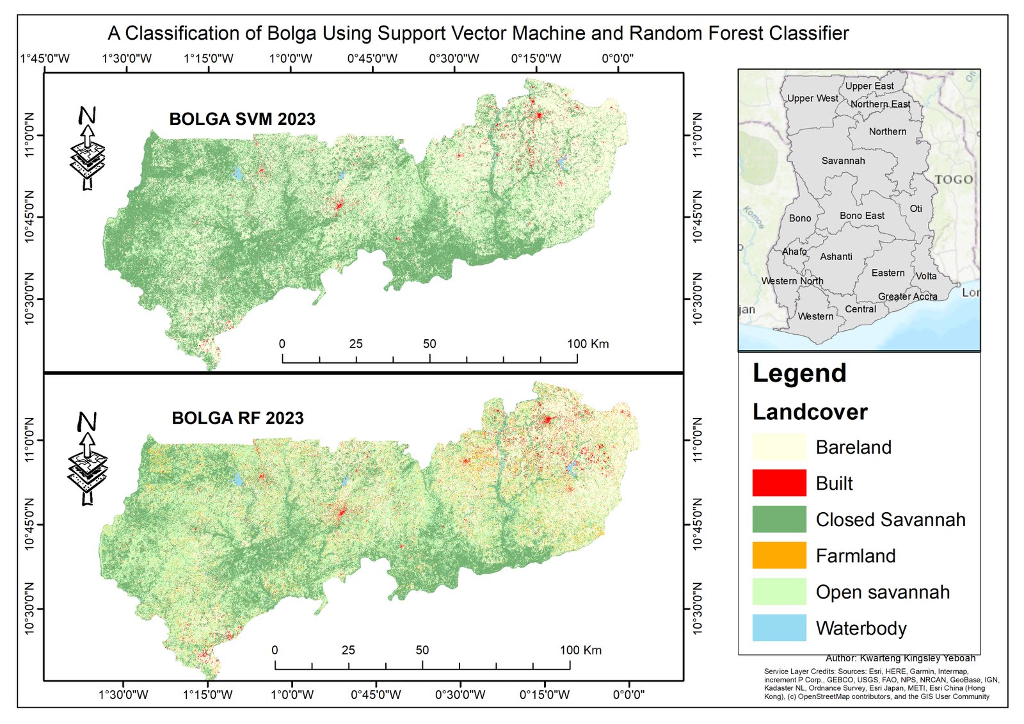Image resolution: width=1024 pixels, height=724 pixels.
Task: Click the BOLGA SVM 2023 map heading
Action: point(243,119)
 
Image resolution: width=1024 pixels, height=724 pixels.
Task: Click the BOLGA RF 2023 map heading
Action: point(237,418)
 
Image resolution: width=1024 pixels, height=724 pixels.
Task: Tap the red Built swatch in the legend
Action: point(780,483)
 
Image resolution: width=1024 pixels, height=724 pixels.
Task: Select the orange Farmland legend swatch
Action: point(780,555)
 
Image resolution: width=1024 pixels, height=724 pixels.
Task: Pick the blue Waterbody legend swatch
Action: point(780,627)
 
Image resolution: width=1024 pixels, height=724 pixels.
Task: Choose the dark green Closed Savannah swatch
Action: point(780,519)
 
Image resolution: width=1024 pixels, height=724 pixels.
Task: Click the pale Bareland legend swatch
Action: point(780,446)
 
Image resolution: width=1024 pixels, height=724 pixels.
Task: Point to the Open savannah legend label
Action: point(883,592)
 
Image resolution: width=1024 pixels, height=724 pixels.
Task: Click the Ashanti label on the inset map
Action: point(836,257)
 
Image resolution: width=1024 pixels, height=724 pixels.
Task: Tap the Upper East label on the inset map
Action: point(870,86)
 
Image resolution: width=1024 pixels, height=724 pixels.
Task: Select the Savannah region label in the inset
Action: point(844,161)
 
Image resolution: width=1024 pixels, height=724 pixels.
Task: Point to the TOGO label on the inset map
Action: point(954,179)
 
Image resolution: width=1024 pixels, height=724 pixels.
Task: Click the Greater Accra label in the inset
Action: point(908,296)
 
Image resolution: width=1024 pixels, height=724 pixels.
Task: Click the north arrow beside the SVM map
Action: point(87,148)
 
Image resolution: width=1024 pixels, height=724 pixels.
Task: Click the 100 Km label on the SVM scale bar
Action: point(588,344)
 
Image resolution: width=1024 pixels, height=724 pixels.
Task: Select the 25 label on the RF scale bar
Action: point(348,650)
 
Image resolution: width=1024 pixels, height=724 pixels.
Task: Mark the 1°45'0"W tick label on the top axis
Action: point(45,58)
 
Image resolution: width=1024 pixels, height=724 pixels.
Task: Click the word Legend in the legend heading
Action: point(799,373)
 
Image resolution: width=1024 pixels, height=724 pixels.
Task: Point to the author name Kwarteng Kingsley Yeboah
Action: point(918,658)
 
